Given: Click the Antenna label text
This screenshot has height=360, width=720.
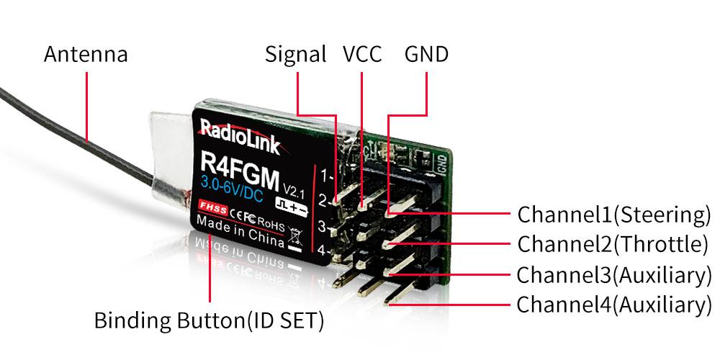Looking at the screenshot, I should coord(86,54).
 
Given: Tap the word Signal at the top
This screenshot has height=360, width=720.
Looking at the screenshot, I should coord(295,54).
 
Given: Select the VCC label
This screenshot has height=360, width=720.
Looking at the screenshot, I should coord(361,54).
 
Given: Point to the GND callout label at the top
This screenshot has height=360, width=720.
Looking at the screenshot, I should coord(426,54).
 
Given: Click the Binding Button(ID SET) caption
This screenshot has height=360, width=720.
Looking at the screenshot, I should coord(208,320).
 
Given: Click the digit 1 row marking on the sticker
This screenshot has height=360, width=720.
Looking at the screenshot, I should coord(325,174).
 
